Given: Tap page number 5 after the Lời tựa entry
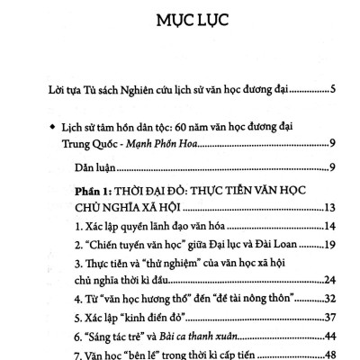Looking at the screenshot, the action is tap(333, 90).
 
